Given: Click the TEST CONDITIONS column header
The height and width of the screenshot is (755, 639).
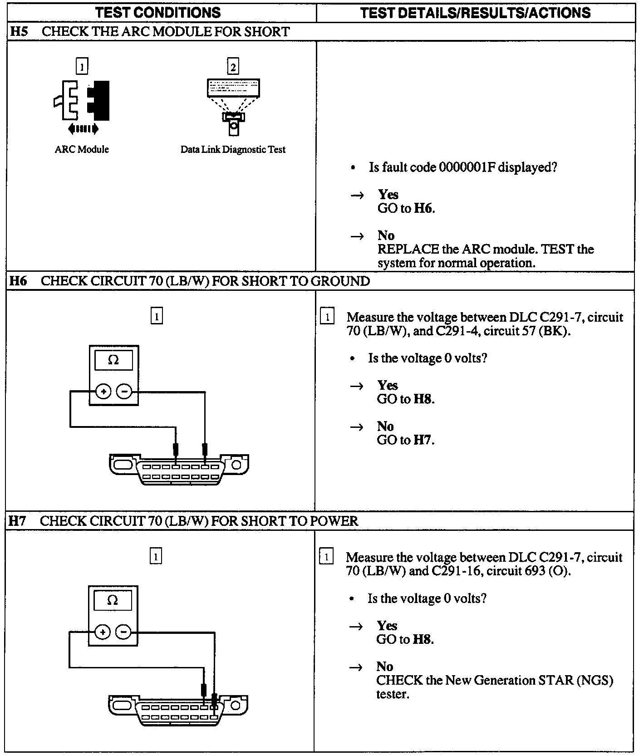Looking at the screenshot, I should pos(158,12).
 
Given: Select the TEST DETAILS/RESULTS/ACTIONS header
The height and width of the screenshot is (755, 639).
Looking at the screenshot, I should pos(475,12).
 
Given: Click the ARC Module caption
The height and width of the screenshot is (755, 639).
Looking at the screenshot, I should pos(82,149).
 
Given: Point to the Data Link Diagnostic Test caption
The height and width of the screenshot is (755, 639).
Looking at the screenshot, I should pos(233,149).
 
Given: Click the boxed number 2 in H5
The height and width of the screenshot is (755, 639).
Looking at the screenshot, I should pos(233,67).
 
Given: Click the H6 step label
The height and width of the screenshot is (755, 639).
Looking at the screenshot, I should pos(18,281).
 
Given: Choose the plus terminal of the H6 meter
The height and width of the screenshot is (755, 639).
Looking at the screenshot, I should pos(103,391).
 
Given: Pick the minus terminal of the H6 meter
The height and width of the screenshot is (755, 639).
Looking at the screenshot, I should pos(124,391).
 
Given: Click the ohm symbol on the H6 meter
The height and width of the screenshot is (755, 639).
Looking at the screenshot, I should pos(113,360).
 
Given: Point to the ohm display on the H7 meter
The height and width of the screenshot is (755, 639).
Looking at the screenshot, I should pos(113,601).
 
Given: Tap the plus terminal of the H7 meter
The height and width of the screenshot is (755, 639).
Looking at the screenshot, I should pos(103,632).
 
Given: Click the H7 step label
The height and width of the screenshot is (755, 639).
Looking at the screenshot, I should pos(17,521).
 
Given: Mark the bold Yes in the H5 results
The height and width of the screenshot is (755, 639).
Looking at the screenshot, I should pos(388,195).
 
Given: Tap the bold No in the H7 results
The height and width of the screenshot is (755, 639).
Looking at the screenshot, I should pos(384,667).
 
